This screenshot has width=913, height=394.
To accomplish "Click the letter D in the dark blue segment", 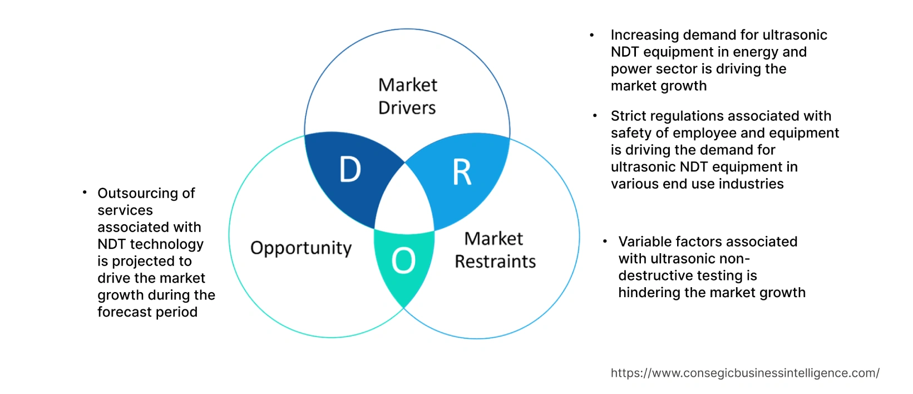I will [x=350, y=170].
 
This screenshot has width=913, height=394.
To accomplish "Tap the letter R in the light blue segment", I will [x=462, y=173].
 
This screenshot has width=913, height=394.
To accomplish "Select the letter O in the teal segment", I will [x=403, y=261].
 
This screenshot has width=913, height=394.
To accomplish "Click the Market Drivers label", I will [x=407, y=96].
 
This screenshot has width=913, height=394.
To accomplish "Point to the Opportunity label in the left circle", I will [x=301, y=248].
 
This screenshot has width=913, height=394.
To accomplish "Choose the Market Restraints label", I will [x=495, y=250].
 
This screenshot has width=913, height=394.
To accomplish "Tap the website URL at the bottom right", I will [x=745, y=373].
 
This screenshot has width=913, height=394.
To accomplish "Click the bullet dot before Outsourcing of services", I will [x=85, y=193].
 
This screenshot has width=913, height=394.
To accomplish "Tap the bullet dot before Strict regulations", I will [x=595, y=116].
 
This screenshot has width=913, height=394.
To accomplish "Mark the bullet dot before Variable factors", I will [x=605, y=242].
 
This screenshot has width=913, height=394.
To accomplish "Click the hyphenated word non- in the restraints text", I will [x=736, y=259].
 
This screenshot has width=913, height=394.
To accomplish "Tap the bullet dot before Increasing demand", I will [x=592, y=35].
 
